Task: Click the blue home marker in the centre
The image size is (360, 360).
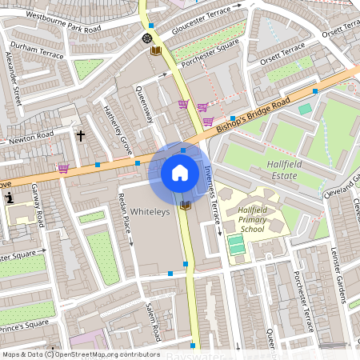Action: pos(180,173)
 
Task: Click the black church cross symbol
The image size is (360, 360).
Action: pos(80,135)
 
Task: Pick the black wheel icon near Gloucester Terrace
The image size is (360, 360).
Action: pos(146,38)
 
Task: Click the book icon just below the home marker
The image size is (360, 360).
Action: pos(186,206)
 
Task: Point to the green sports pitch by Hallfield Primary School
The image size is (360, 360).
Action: pos(235,244)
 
